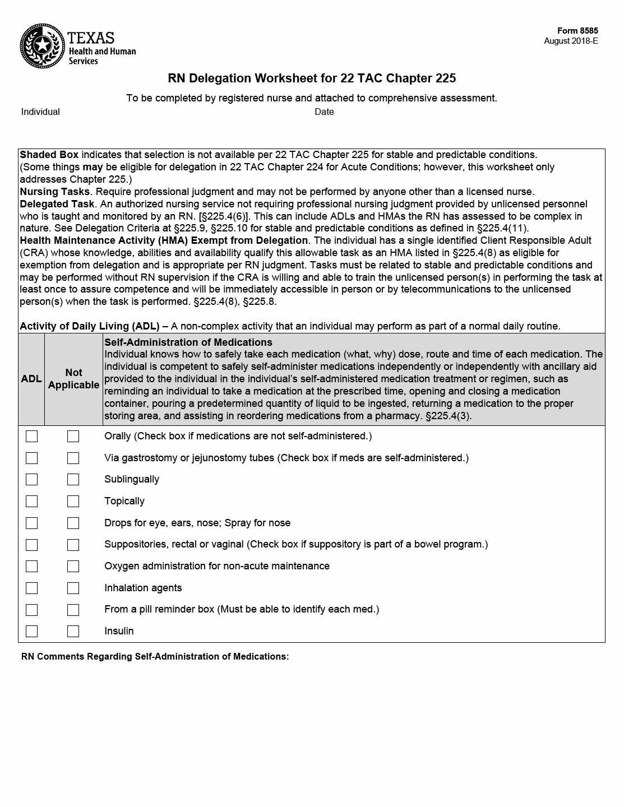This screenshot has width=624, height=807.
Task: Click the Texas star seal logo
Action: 43,45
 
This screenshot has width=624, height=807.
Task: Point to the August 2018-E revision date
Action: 571,41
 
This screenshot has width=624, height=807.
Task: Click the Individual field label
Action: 40,112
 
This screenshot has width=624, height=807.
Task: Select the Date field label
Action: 324,112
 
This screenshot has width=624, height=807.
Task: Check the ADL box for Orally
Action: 32,437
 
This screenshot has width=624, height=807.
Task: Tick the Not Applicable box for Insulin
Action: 73,632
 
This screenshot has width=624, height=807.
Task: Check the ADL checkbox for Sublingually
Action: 32,480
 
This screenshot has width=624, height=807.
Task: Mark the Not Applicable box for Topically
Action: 73,502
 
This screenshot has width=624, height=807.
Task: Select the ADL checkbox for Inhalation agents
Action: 32,588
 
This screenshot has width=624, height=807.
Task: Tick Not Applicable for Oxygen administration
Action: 73,567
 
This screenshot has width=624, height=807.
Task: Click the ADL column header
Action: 31,379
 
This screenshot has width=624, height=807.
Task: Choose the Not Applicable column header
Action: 73,379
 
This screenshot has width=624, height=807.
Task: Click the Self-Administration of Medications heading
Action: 188,342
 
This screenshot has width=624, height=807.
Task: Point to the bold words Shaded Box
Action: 49,155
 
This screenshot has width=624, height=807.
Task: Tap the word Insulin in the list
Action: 119,632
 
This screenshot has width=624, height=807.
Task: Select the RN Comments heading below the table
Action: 155,657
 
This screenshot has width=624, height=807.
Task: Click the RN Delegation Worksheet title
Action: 312,78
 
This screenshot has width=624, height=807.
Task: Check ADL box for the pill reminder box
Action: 32,610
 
